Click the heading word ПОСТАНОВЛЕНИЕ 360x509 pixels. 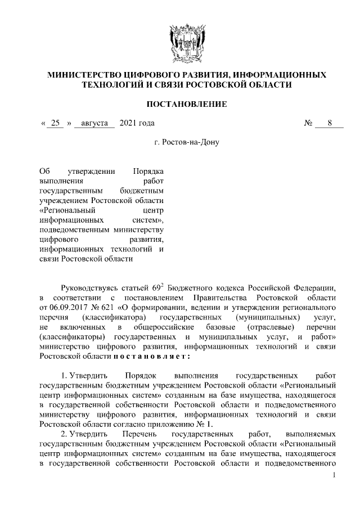click(187, 104)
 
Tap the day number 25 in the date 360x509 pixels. click(55, 123)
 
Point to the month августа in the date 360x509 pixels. click(94, 123)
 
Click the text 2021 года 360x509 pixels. click(137, 123)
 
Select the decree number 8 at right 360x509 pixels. click(330, 123)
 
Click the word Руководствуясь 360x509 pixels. click(94, 287)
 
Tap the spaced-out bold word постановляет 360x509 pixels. click(151, 356)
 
